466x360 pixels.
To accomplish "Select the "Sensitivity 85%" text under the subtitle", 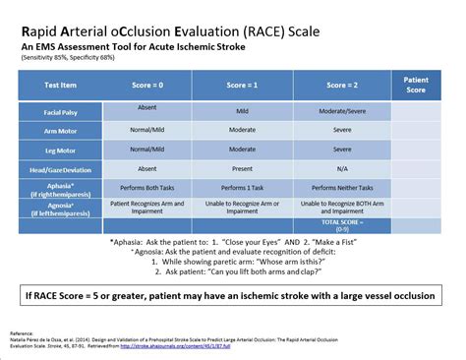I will coord(51,58).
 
